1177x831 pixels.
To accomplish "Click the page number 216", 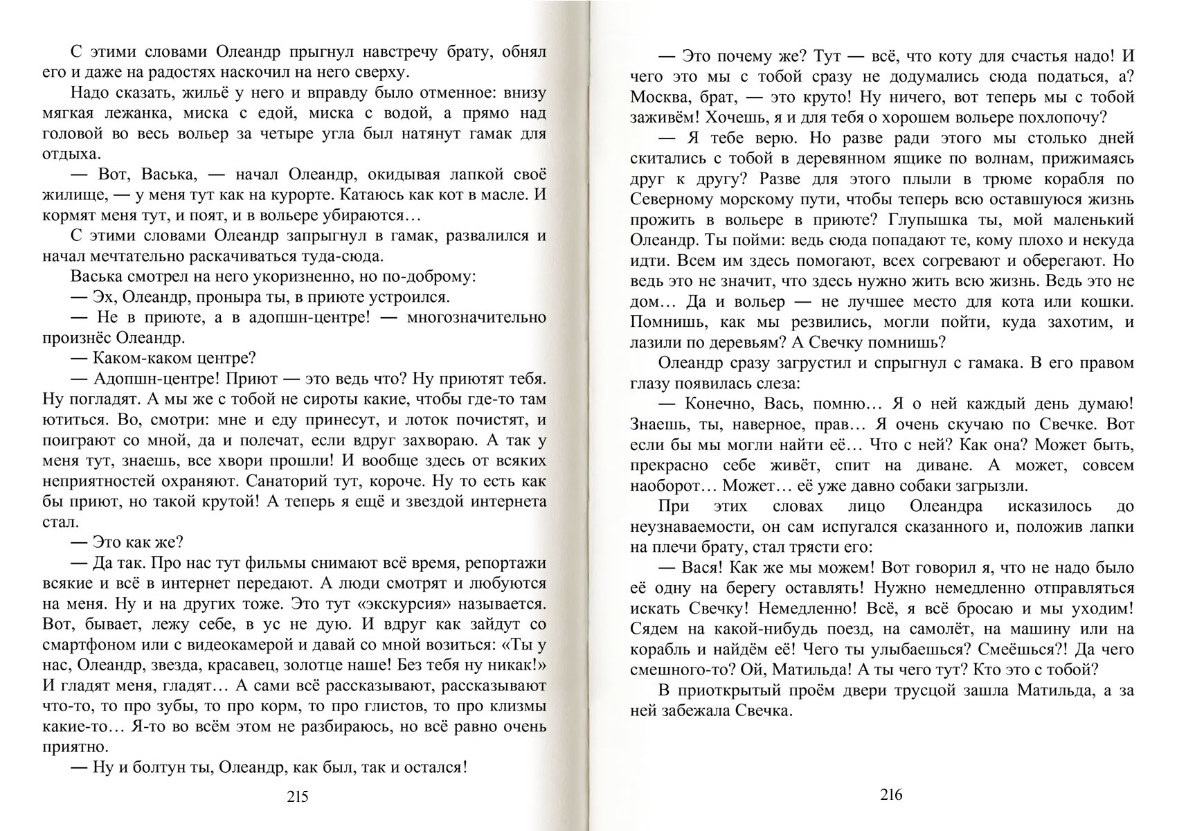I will tap(891, 794).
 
